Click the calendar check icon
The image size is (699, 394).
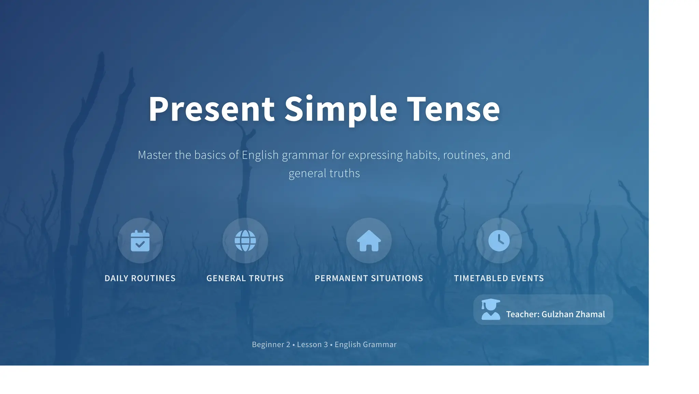click(x=140, y=241)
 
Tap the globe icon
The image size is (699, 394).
click(x=245, y=241)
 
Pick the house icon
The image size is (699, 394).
click(x=369, y=241)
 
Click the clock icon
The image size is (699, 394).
click(x=499, y=241)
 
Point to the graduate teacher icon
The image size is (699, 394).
click(x=490, y=310)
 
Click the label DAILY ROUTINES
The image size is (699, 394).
click(x=140, y=278)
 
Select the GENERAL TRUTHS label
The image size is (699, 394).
click(x=245, y=278)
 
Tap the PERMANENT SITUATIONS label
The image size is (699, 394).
click(x=369, y=278)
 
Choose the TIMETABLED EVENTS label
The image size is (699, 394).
click(x=499, y=278)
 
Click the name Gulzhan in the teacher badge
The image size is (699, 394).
click(x=557, y=314)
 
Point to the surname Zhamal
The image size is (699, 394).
click(x=590, y=314)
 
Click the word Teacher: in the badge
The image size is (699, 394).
click(x=523, y=314)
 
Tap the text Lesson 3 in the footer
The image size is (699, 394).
click(x=312, y=344)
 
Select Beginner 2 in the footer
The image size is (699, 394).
click(x=271, y=344)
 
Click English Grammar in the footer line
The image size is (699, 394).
click(x=366, y=344)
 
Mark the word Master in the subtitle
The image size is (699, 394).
click(x=155, y=155)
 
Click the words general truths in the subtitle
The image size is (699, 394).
click(x=324, y=173)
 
